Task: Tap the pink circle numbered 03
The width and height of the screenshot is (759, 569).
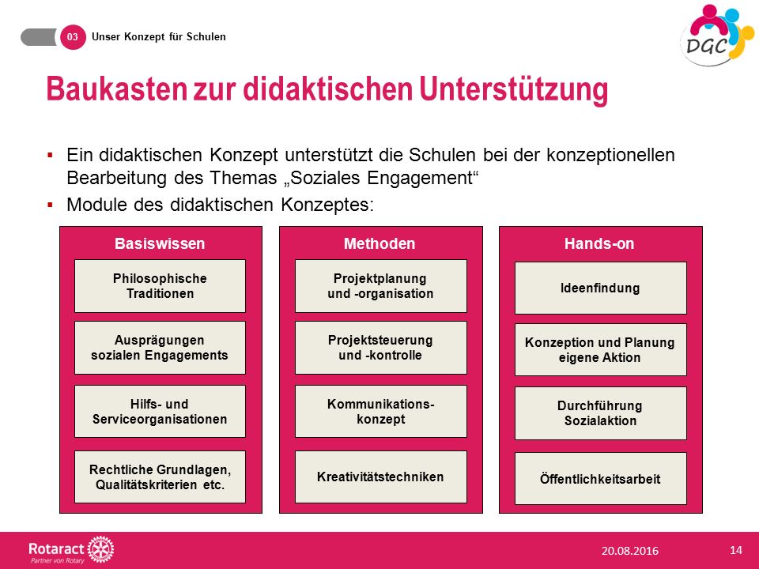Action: pyautogui.click(x=73, y=37)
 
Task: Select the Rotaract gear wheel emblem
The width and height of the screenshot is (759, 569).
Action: pyautogui.click(x=100, y=550)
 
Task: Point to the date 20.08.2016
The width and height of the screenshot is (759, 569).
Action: pyautogui.click(x=630, y=551)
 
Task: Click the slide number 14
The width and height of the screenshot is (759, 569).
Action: pyautogui.click(x=736, y=550)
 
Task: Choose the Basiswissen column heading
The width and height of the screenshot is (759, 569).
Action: pyautogui.click(x=160, y=243)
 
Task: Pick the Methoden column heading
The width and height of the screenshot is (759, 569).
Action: pyautogui.click(x=379, y=243)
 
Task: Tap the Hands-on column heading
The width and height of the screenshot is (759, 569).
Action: pyautogui.click(x=599, y=243)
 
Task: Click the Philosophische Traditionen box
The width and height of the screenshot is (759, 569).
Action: pyautogui.click(x=160, y=286)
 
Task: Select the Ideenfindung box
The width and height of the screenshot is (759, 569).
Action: pyautogui.click(x=600, y=288)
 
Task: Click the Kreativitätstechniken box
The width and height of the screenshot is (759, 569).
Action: pyautogui.click(x=380, y=477)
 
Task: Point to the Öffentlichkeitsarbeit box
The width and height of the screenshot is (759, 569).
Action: pyautogui.click(x=600, y=479)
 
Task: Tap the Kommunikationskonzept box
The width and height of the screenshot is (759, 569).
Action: pyautogui.click(x=380, y=411)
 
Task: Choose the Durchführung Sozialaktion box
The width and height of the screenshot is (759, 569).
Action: pyautogui.click(x=600, y=413)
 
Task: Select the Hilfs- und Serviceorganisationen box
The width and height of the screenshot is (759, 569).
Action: pyautogui.click(x=160, y=411)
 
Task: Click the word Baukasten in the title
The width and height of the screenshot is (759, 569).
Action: pyautogui.click(x=117, y=89)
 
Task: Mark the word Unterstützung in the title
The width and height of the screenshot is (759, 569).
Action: pyautogui.click(x=514, y=90)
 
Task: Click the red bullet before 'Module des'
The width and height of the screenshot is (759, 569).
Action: pyautogui.click(x=50, y=205)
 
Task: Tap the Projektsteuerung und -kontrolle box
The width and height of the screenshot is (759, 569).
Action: pyautogui.click(x=380, y=348)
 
